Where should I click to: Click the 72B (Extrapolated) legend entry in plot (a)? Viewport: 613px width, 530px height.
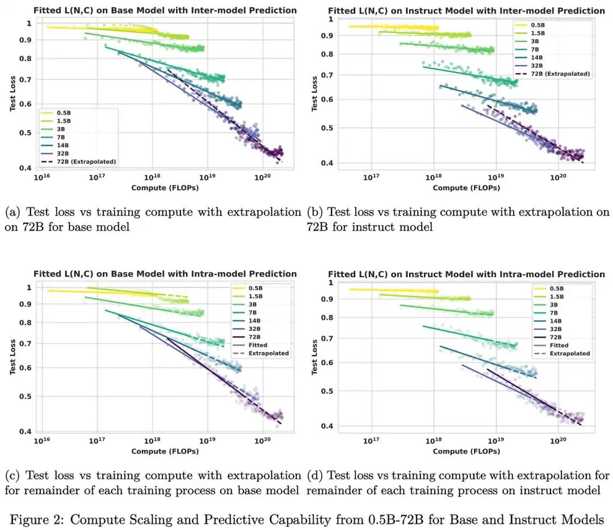click(x=78, y=162)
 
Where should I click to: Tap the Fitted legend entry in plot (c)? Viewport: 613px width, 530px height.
click(x=250, y=345)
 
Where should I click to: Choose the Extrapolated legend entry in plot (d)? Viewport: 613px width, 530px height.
click(x=562, y=354)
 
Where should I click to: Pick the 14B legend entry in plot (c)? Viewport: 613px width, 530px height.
click(x=247, y=321)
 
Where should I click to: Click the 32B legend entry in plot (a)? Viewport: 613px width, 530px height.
click(x=56, y=154)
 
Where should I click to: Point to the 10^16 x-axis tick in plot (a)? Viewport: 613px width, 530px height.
click(x=42, y=177)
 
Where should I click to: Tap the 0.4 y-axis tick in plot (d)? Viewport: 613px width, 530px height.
click(x=328, y=426)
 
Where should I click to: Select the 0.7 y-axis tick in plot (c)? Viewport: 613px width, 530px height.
click(x=26, y=344)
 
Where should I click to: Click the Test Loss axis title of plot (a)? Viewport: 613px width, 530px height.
click(x=12, y=94)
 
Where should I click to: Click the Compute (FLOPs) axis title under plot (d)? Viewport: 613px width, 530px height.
click(x=467, y=451)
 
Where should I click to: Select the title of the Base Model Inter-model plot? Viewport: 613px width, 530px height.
click(x=165, y=10)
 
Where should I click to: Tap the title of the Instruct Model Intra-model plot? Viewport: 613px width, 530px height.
click(x=467, y=274)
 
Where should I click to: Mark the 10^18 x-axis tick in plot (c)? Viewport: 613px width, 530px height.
click(x=152, y=441)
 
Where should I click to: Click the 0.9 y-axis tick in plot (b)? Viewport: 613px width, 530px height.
click(x=328, y=36)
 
